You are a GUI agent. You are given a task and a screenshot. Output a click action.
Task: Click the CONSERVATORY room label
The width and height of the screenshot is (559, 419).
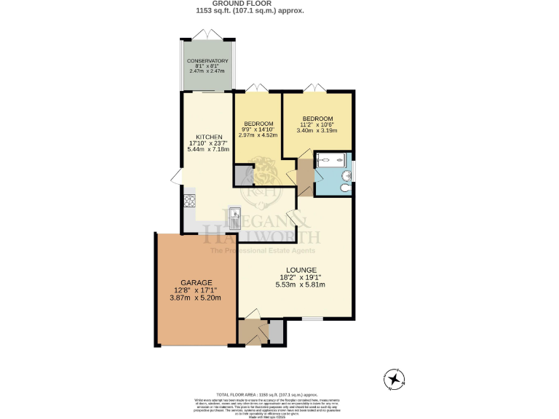tap(207, 60)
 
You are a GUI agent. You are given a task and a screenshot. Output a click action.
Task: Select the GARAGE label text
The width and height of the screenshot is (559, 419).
tap(196, 282)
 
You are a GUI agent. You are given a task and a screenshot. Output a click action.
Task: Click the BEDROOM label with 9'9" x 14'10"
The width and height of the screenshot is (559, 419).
tap(258, 123)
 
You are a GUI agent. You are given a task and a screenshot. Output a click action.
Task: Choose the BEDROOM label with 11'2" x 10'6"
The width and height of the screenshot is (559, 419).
tap(317, 119)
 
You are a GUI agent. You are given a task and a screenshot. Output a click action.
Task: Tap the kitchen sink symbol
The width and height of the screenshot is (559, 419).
tap(235, 215)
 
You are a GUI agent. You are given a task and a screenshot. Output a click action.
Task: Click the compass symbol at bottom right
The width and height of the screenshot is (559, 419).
tap(395, 378)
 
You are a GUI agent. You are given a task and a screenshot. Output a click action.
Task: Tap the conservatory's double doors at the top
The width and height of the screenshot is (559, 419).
tap(207, 34)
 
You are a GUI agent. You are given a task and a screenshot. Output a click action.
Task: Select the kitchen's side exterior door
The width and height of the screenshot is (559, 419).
tap(175, 177)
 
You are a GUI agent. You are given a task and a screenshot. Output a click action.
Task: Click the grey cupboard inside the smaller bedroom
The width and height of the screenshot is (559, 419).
tap(242, 175)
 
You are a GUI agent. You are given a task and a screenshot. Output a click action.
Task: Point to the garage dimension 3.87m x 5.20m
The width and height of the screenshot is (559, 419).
tap(195, 298)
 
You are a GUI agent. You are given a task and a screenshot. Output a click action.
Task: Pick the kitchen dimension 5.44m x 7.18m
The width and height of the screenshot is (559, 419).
tap(209, 150)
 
